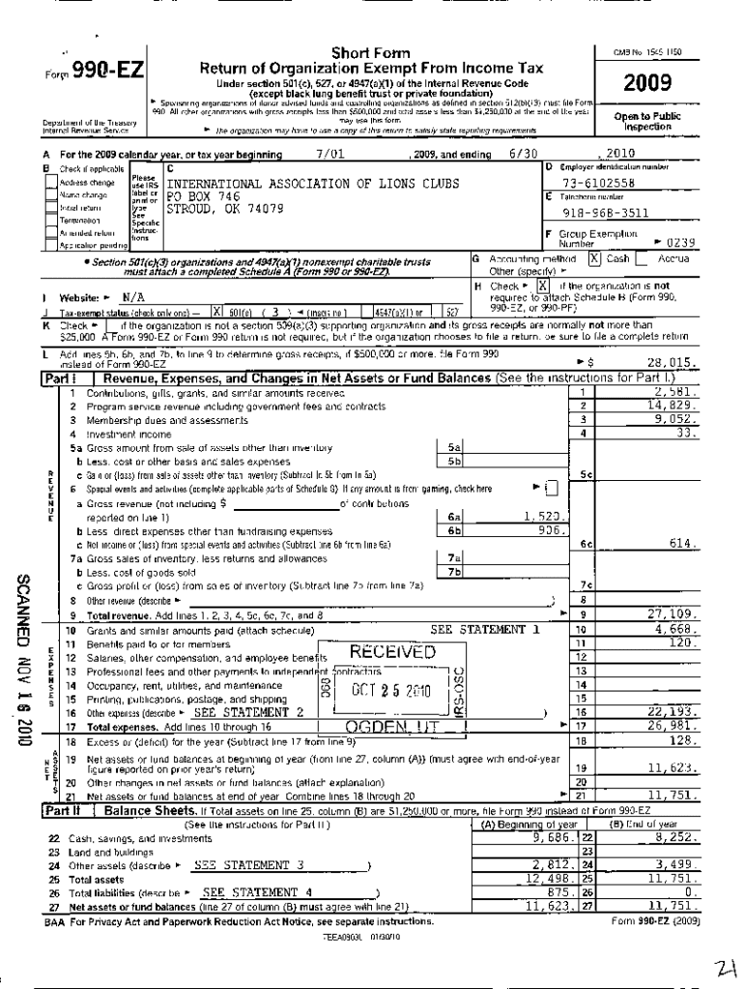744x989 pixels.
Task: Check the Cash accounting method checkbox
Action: pos(595,259)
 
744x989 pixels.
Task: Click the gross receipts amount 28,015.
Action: pos(671,363)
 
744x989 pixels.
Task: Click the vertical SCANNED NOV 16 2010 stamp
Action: pos(20,652)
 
